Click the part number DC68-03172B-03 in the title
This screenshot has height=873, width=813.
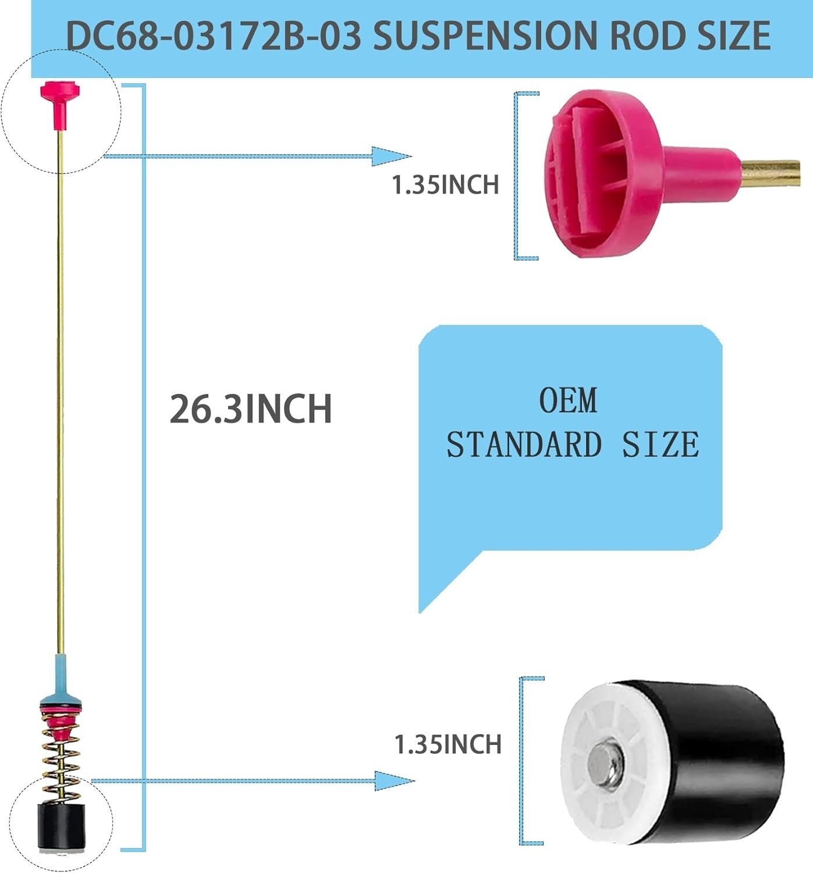click(x=214, y=35)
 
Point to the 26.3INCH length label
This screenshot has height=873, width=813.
click(x=251, y=409)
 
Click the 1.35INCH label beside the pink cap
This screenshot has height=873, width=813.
click(x=445, y=184)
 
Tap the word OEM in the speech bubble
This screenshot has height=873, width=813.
click(x=568, y=400)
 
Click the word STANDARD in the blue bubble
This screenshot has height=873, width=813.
click(x=524, y=445)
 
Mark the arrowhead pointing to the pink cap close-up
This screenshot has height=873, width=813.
click(x=391, y=156)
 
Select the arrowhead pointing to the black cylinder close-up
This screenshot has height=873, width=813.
click(x=395, y=780)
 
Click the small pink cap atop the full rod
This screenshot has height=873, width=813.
click(x=60, y=105)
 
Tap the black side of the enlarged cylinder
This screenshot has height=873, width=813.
click(x=712, y=765)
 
